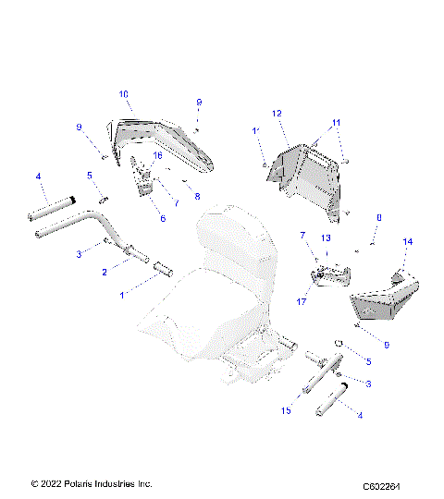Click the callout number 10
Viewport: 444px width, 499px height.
124,94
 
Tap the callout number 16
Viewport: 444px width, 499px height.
156,156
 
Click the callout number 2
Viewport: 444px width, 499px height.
104,274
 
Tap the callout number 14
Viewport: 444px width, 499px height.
407,241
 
